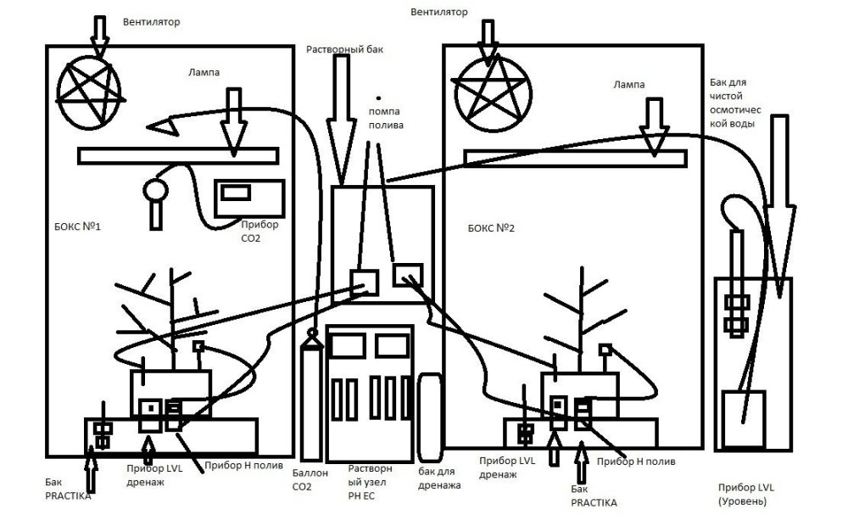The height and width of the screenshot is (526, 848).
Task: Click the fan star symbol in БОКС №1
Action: [88, 87]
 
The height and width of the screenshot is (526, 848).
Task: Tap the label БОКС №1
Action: [75, 227]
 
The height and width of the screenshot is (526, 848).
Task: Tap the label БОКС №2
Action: [491, 228]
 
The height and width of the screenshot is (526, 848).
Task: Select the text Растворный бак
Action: [345, 50]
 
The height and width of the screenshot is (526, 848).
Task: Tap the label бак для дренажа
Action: [439, 478]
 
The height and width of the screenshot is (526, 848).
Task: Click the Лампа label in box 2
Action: [628, 85]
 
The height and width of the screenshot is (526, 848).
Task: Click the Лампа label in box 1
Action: [204, 73]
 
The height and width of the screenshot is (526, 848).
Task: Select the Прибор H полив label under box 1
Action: [238, 467]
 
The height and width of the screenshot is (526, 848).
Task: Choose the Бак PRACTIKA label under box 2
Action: [594, 496]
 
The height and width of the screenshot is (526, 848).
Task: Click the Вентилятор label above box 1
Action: [151, 20]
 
